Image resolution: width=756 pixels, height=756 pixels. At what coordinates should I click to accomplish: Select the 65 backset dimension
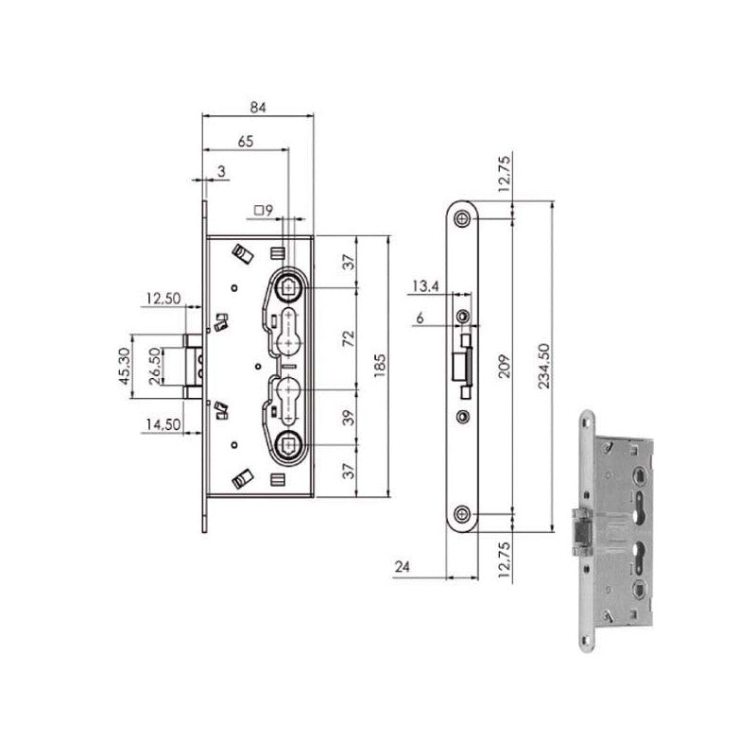point(244,140)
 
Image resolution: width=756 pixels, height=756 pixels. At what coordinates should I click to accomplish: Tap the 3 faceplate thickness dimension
point(219,170)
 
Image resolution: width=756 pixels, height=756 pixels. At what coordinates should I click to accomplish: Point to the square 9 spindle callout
point(263,210)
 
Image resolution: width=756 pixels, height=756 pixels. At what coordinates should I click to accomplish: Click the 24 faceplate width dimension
point(403,567)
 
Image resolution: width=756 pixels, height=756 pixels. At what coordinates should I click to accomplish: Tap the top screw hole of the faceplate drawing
point(462,219)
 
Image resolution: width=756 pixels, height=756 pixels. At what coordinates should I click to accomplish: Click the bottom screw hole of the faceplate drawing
point(462,514)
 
